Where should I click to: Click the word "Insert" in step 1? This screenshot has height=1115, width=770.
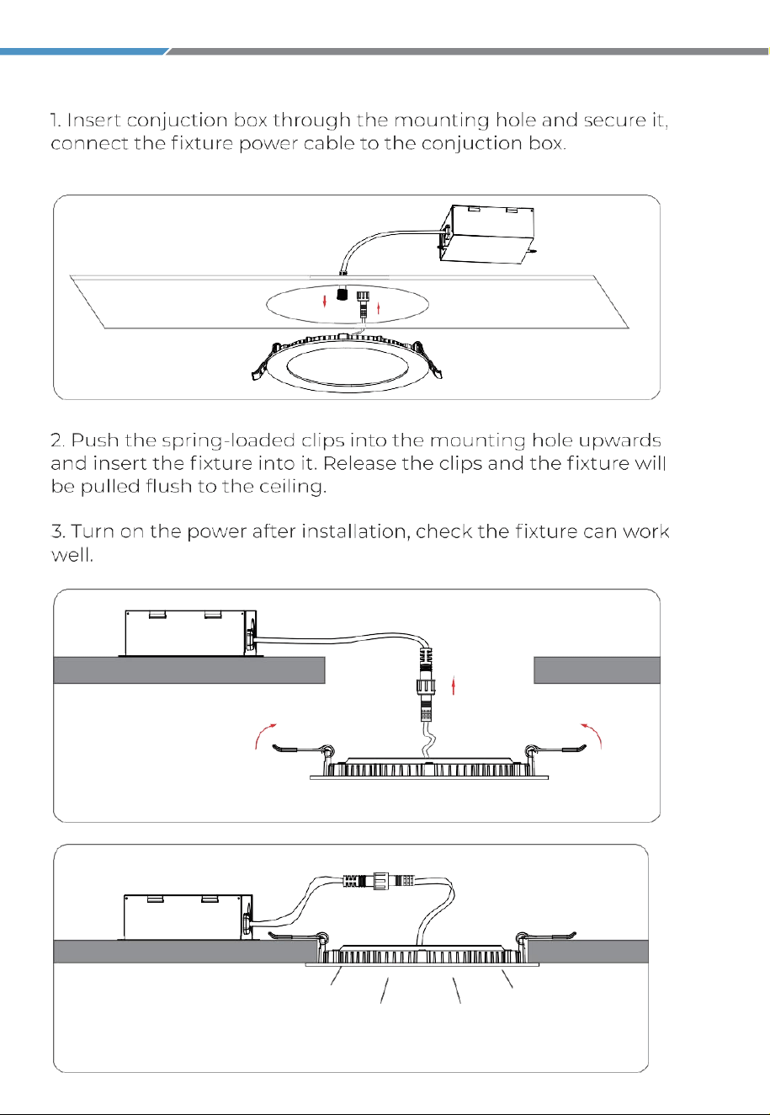pos(93,120)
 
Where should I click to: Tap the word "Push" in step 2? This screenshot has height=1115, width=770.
pos(94,440)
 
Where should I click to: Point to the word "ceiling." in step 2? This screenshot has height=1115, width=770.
pos(293,486)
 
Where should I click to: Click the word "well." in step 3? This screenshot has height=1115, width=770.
pos(72,554)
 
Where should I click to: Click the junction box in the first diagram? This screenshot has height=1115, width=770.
pos(487,234)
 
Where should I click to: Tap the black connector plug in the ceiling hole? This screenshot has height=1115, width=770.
pos(341,293)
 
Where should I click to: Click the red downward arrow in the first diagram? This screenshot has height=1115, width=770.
pos(324,301)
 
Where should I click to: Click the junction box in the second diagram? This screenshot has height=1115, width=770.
pos(191,633)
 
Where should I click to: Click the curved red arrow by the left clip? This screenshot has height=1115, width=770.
pos(264,735)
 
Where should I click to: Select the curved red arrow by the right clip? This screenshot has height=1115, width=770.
pos(592,735)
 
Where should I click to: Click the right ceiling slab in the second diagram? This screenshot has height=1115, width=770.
pos(597,670)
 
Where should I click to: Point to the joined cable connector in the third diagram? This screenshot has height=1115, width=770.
pos(380,880)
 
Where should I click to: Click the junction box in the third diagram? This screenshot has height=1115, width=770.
pos(188,917)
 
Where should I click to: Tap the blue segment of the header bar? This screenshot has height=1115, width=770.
pos(83,51)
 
